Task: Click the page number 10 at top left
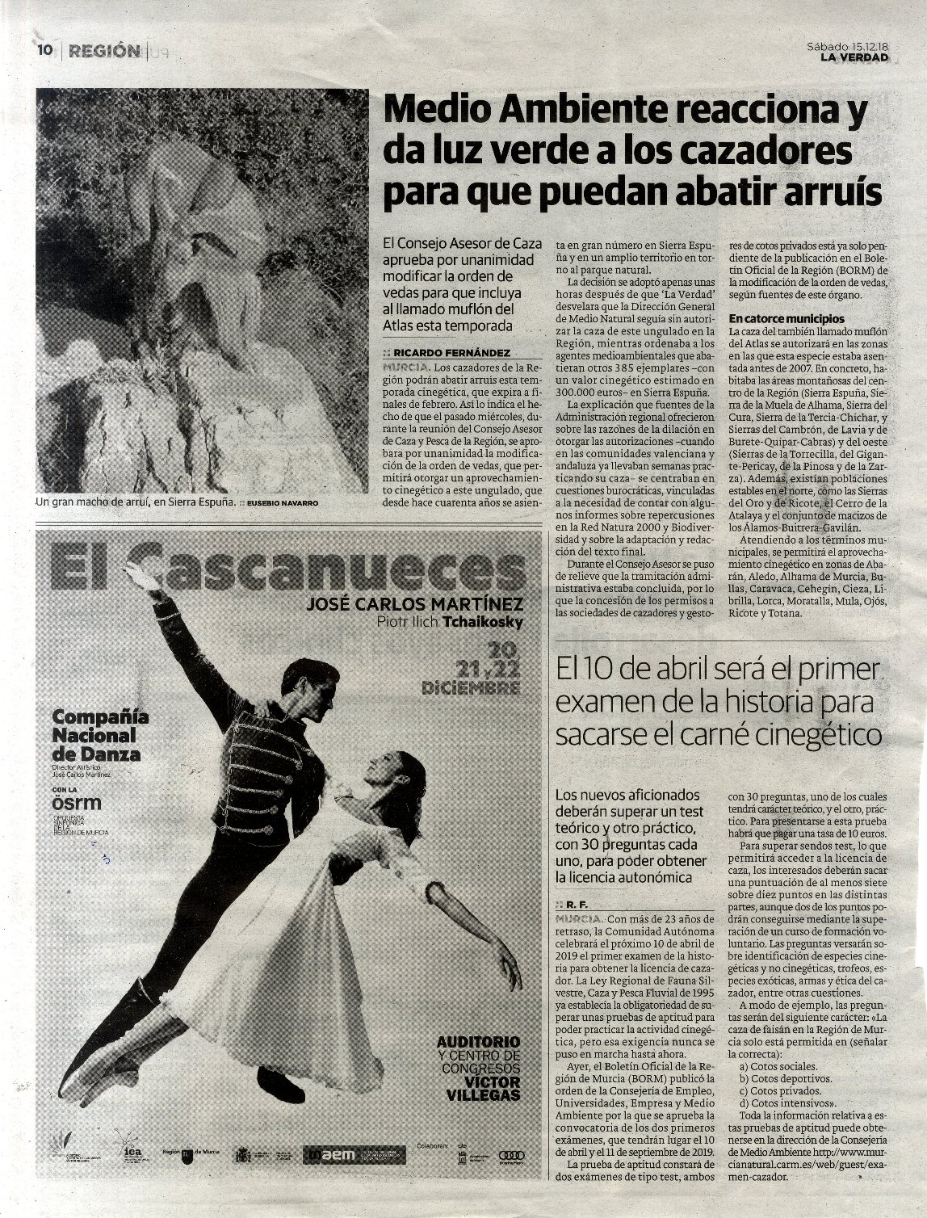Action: tap(44, 50)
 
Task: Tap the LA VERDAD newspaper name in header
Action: tap(854, 57)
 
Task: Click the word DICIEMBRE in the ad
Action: tap(470, 687)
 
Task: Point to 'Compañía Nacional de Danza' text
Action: tap(95, 735)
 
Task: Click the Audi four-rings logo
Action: tap(512, 1155)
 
